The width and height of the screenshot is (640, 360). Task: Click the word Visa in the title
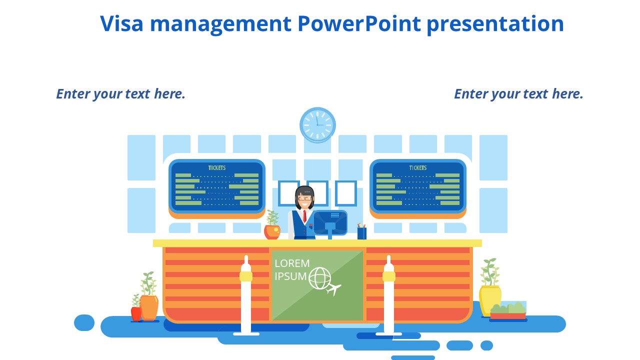(120, 24)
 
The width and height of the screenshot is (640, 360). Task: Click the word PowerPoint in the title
(359, 24)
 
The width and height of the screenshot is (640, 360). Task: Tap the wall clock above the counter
(317, 125)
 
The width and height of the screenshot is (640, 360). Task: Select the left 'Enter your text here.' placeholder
(120, 94)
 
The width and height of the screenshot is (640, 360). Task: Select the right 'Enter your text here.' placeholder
(518, 94)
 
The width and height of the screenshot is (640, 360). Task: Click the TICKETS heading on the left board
(216, 168)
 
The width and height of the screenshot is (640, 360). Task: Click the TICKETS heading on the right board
(417, 168)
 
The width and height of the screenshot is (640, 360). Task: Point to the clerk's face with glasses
(304, 199)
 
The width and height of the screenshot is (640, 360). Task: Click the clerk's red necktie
(304, 216)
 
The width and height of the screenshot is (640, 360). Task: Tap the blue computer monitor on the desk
(330, 222)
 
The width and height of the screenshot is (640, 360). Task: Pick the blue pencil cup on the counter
(361, 233)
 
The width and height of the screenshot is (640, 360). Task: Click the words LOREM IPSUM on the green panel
(292, 269)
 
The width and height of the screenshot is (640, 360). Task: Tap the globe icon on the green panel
(320, 278)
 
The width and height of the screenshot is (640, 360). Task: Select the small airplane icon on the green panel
(333, 289)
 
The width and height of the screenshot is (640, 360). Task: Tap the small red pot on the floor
(136, 313)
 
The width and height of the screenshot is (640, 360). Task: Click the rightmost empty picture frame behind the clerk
(345, 193)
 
